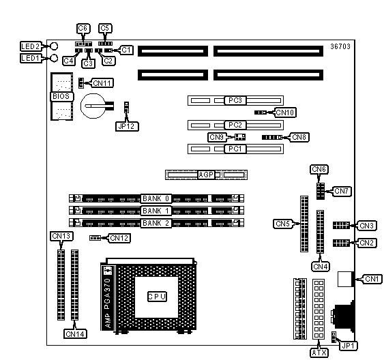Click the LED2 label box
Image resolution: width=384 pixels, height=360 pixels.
point(31,46)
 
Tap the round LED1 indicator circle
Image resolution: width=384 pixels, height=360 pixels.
point(54,58)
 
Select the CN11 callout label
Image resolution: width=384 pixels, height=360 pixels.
point(102,83)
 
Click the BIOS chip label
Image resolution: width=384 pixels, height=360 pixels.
point(61,96)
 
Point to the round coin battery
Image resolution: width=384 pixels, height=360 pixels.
point(93,106)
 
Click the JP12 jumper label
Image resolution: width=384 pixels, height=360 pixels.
point(127,126)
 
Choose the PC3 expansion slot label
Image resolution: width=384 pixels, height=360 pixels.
point(235,100)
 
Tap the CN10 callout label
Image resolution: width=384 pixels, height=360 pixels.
point(285,112)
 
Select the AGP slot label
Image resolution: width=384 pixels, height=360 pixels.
point(206,175)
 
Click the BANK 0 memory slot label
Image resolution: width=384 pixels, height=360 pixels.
point(156,198)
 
